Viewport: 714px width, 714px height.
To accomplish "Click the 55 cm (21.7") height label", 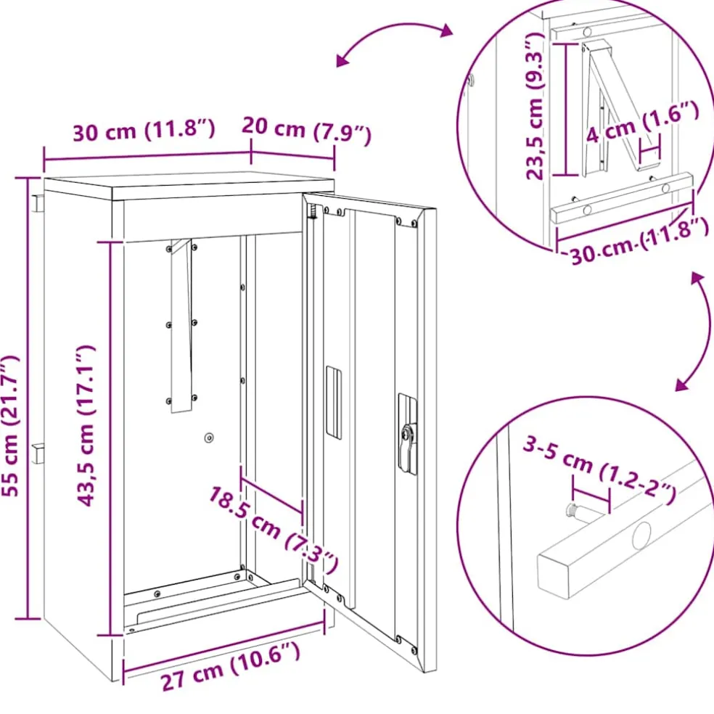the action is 12,426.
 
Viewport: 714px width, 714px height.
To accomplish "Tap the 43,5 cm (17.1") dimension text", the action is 86,426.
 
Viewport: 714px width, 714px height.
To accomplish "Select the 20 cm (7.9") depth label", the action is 306,130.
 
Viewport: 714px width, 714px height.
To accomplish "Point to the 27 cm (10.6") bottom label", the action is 231,667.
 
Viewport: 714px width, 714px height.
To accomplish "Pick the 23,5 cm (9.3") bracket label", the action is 535,106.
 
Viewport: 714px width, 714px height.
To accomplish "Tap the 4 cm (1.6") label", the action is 642,122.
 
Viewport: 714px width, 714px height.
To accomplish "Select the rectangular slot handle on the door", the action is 334,403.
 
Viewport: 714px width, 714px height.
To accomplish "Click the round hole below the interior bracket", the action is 209,438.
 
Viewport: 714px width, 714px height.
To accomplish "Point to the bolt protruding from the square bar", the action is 578,511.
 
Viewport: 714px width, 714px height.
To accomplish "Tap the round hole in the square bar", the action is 641,535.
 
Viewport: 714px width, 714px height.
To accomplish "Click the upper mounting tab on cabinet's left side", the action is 38,204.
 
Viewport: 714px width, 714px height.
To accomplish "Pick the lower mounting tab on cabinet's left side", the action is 38,453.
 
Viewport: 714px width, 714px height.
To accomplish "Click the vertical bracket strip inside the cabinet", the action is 181,326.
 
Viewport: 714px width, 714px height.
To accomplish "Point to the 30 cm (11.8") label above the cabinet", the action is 144,131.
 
